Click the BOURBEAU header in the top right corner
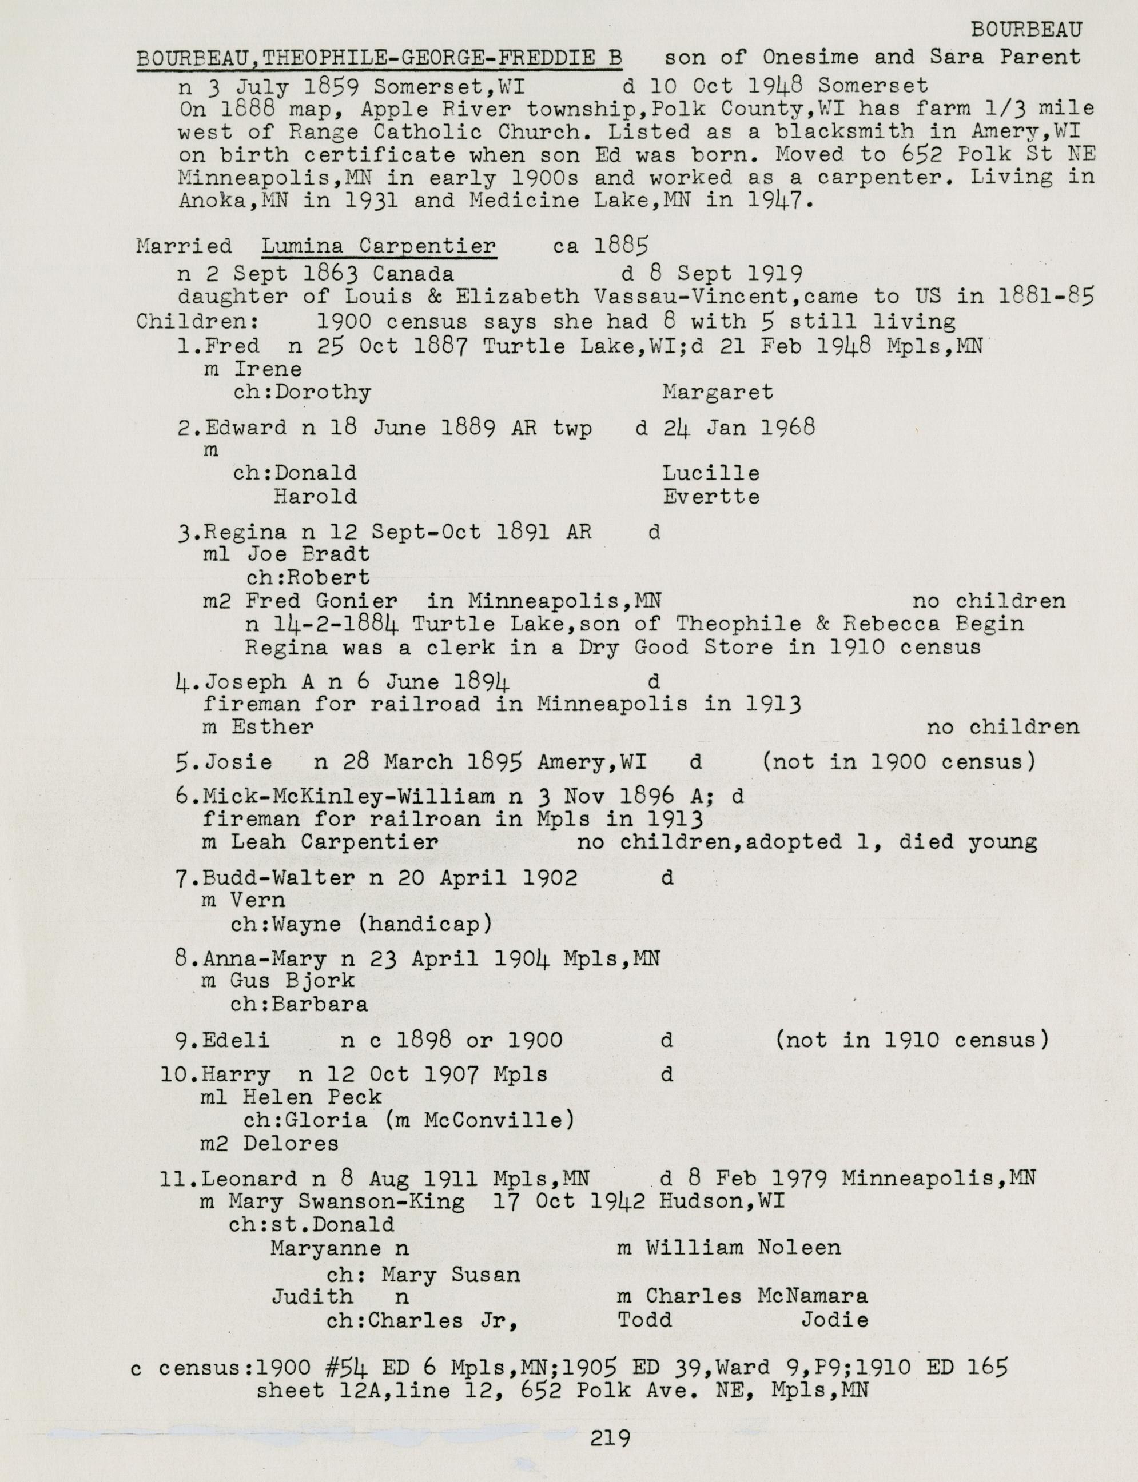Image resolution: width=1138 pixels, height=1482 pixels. click(1026, 29)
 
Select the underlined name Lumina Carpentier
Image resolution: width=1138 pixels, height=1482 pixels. click(379, 246)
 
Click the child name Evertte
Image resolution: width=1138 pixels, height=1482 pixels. click(711, 496)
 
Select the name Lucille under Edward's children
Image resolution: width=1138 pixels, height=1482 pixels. click(711, 473)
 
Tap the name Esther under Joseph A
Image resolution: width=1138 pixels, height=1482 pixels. click(272, 727)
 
